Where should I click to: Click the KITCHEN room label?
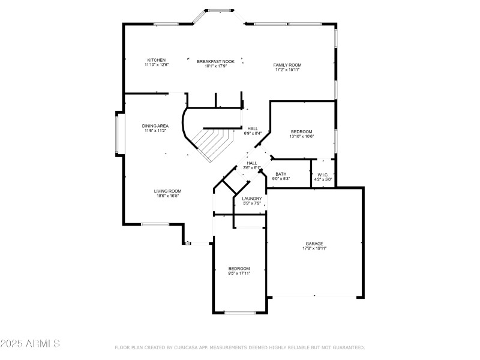coord(157,60)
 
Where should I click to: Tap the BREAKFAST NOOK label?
coord(216,61)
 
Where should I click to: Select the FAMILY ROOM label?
coord(287,65)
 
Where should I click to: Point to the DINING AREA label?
coord(155,126)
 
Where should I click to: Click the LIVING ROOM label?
coord(169,191)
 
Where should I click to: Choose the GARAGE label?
coord(314,244)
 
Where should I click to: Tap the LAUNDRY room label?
coord(251,199)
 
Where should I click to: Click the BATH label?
coord(281,174)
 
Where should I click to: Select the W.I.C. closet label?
coord(323,175)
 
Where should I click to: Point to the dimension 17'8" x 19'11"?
coord(314,248)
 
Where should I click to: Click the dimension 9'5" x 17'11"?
coord(239,273)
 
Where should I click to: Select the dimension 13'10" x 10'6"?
coord(302,136)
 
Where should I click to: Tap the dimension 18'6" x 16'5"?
coord(169,195)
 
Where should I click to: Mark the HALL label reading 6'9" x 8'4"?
coord(253,128)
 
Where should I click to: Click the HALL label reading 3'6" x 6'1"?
coord(252,163)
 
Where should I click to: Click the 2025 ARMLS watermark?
coord(30,344)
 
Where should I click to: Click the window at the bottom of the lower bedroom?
coord(240,313)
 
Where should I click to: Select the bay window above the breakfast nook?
coord(218,10)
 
